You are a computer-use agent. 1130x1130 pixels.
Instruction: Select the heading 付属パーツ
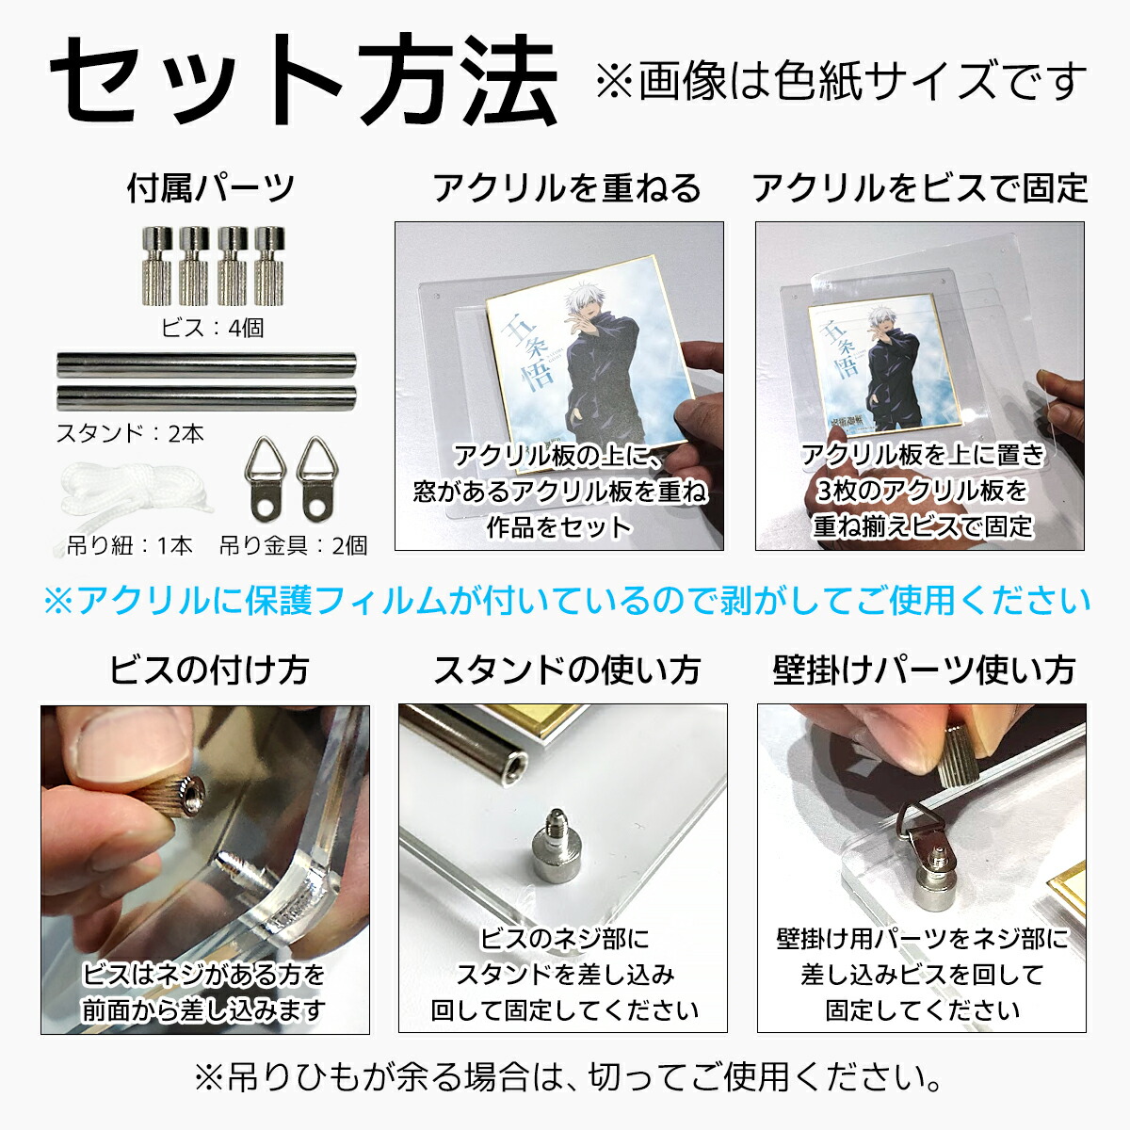pos(211,188)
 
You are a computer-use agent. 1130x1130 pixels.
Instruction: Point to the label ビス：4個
pos(212,328)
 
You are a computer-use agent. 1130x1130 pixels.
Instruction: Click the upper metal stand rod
pos(207,364)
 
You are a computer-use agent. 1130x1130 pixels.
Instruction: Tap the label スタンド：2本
pos(130,433)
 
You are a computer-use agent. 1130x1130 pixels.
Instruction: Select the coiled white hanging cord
pos(126,497)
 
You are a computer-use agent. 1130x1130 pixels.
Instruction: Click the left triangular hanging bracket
pos(265,478)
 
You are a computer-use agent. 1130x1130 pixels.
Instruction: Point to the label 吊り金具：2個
pos(293,545)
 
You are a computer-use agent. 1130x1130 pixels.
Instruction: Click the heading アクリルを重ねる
pos(567,188)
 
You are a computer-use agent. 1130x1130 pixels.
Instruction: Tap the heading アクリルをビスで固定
pos(920,188)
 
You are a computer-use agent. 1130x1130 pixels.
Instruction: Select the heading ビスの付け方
pos(208,670)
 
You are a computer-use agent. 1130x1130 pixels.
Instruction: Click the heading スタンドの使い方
pos(567,670)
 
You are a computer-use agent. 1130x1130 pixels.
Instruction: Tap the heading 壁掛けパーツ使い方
pos(924,670)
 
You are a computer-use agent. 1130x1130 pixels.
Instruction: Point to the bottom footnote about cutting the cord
pos(567,1076)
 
